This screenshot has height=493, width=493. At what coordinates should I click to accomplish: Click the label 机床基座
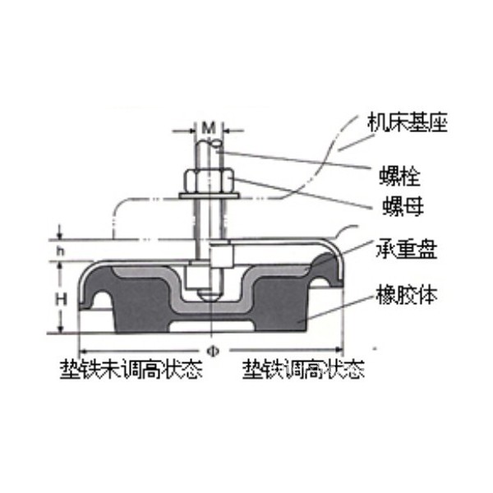point(408,122)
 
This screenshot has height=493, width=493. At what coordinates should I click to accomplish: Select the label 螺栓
point(399,177)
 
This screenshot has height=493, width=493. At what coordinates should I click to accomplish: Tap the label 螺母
point(403,206)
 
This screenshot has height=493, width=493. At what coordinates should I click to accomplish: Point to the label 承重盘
point(406,250)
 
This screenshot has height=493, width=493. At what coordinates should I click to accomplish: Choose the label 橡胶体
point(406,295)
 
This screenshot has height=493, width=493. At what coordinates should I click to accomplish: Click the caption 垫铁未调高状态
point(131,369)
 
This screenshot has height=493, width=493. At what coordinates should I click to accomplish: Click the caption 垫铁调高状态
point(303,369)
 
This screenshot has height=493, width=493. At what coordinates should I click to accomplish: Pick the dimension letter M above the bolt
point(209,128)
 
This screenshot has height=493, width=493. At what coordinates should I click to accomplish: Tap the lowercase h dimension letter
point(60,251)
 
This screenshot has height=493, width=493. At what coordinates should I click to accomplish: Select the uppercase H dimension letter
point(61,299)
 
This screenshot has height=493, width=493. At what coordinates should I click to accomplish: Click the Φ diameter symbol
point(213,351)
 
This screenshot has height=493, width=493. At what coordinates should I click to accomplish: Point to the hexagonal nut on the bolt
point(209,181)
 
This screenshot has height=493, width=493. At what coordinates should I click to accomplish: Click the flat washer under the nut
point(209,196)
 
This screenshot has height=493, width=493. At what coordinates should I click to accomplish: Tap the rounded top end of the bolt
point(209,145)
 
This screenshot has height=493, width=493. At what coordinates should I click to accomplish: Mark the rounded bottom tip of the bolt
point(208,295)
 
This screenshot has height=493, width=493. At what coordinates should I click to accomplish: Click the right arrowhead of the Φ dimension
point(339,350)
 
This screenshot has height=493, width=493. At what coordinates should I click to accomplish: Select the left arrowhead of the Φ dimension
point(82,351)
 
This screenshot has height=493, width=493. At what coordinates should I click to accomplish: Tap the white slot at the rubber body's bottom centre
point(212,326)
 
